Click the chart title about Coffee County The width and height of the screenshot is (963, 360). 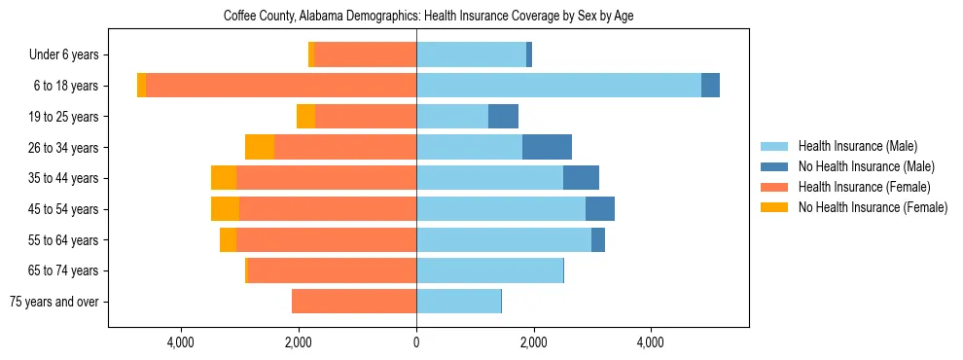pos(428,17)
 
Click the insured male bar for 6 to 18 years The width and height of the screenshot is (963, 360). pos(558,86)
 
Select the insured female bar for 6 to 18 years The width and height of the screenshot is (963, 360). pos(281,86)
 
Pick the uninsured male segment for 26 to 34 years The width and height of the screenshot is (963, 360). pos(547,147)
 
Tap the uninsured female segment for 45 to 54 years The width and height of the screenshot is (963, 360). pos(225,209)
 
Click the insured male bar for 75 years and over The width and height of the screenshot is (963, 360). pos(458,302)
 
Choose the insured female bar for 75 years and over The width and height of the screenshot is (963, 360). pos(354,302)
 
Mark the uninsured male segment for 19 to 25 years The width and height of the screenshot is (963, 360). pos(503,117)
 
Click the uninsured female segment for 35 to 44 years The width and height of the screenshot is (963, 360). pos(224,178)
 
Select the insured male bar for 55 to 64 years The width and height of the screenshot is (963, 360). pos(504,239)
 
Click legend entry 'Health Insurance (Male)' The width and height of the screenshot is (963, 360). pos(857,146)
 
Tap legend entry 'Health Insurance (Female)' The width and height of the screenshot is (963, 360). pos(864,187)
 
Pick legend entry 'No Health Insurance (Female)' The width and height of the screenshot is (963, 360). pos(872,207)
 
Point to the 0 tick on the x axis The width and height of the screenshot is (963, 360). pos(416,342)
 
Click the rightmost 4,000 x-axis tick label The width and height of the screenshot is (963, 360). pos(650,342)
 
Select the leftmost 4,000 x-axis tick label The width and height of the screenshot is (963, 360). pos(182,342)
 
